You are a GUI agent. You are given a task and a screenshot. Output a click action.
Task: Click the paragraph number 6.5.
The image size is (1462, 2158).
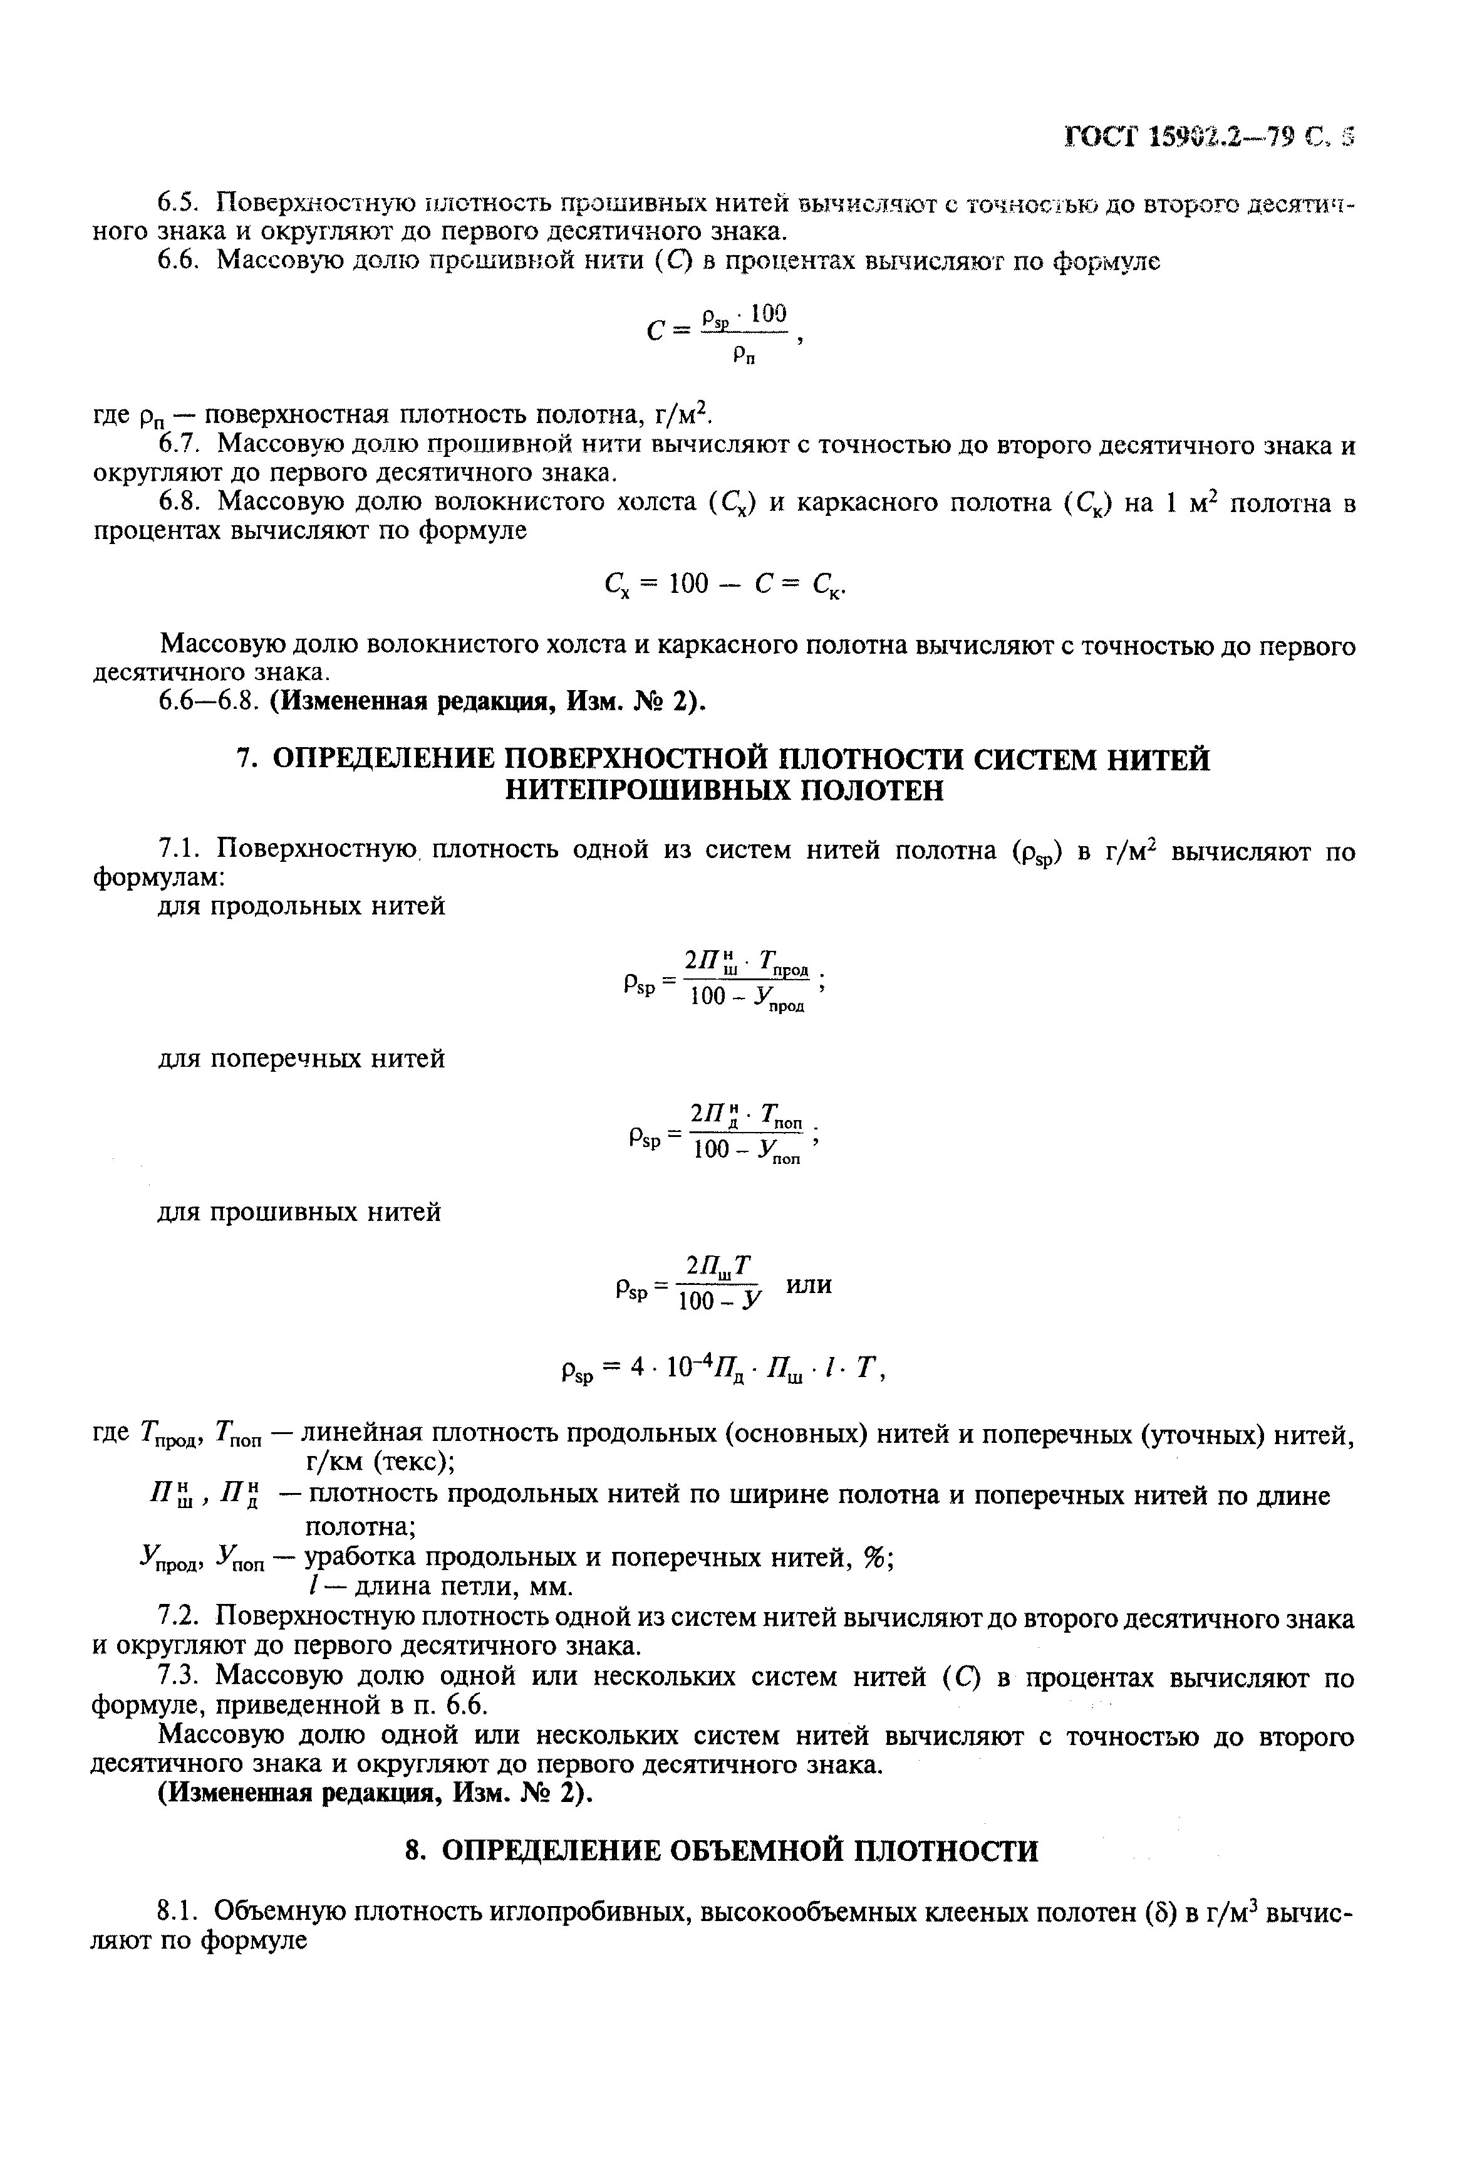(x=182, y=202)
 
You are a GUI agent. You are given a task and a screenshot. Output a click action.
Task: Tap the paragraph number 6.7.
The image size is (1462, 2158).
(x=182, y=445)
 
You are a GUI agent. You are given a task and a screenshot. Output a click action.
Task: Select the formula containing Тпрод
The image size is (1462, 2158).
(x=724, y=980)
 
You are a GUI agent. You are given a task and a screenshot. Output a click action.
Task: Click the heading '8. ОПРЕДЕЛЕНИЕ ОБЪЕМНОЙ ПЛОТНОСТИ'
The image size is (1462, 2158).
(x=722, y=1851)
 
